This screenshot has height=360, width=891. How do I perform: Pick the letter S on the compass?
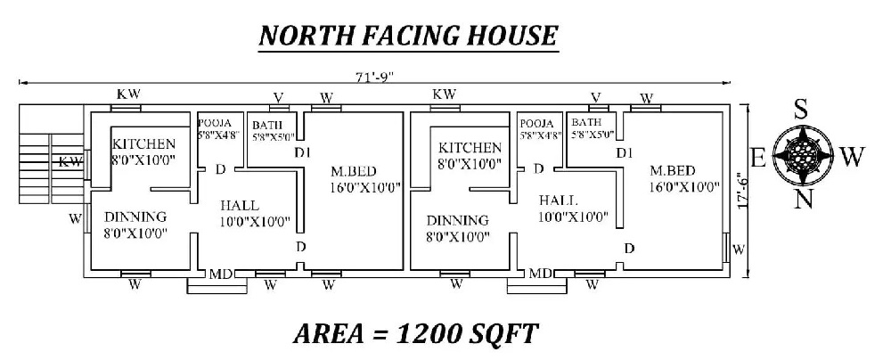(x=801, y=110)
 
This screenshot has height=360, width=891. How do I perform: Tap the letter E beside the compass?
(x=758, y=158)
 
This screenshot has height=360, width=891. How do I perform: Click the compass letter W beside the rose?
(x=852, y=157)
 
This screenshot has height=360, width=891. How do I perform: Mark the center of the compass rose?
(x=805, y=155)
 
